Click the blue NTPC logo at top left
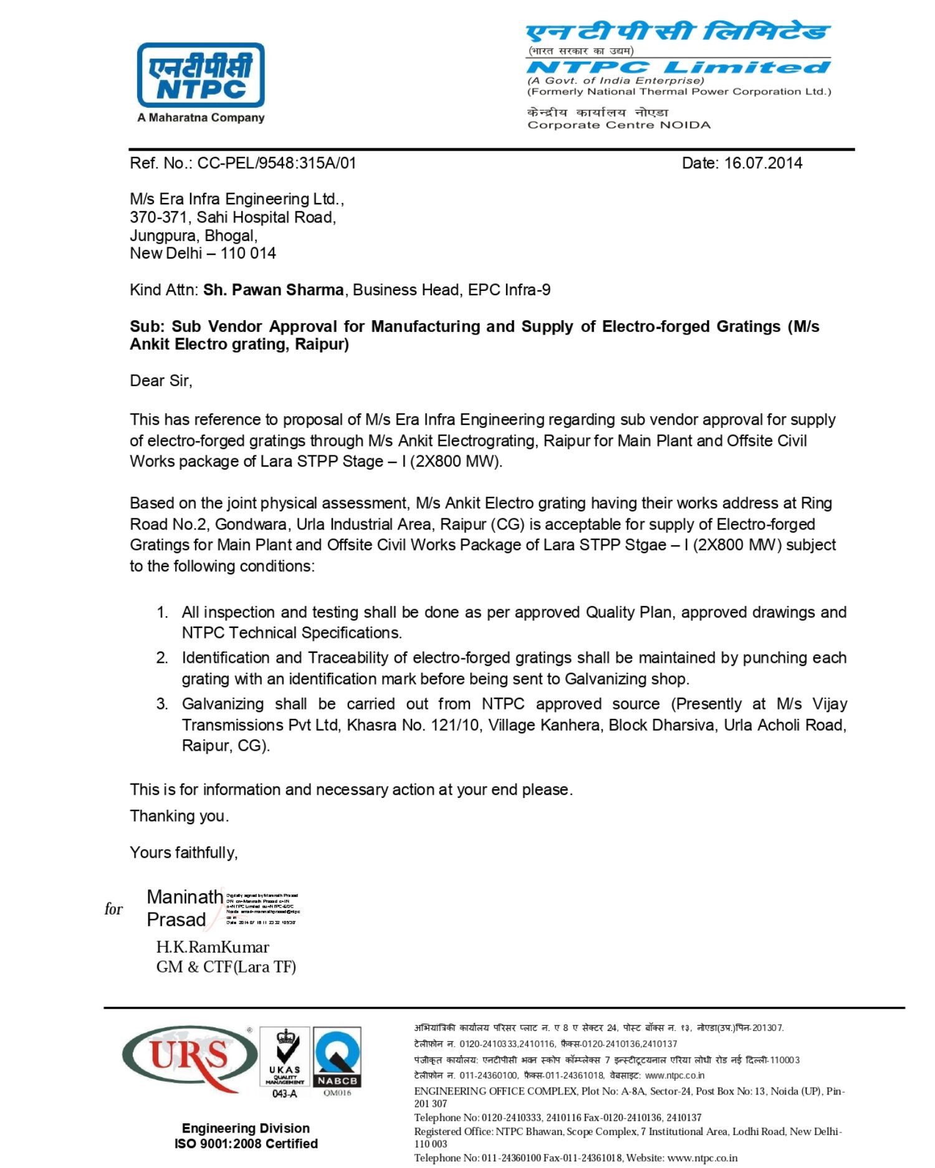(x=201, y=75)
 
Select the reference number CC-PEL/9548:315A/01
(x=277, y=163)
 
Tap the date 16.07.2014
(x=763, y=163)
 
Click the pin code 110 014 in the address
(x=247, y=254)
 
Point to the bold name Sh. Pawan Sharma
(x=273, y=290)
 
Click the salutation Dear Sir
(x=161, y=381)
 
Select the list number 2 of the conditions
(x=162, y=658)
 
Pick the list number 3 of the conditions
(x=162, y=705)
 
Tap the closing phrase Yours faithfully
(x=183, y=853)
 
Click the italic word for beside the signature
(x=113, y=909)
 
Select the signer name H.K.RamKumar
(x=213, y=947)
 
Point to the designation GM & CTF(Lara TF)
(x=226, y=967)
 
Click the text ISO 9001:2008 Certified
(x=246, y=1144)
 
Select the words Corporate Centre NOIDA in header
(x=618, y=125)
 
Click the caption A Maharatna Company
(x=201, y=118)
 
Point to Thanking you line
(x=179, y=817)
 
